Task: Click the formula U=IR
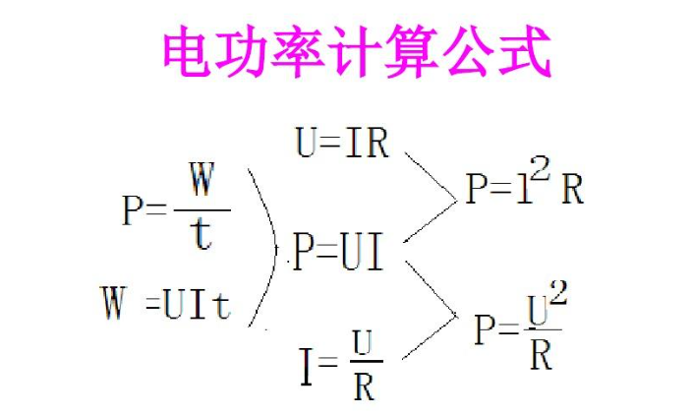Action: point(342,144)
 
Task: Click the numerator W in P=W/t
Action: point(201,184)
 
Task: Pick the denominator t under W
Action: point(202,235)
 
